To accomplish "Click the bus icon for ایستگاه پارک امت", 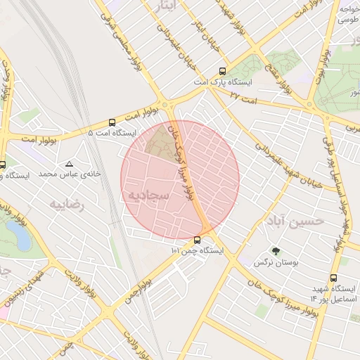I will [222, 71].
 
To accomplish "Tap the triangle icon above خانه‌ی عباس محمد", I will [68, 163].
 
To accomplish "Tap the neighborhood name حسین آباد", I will [295, 220].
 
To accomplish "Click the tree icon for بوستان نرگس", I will [275, 251].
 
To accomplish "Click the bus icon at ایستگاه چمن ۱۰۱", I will [196, 240].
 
